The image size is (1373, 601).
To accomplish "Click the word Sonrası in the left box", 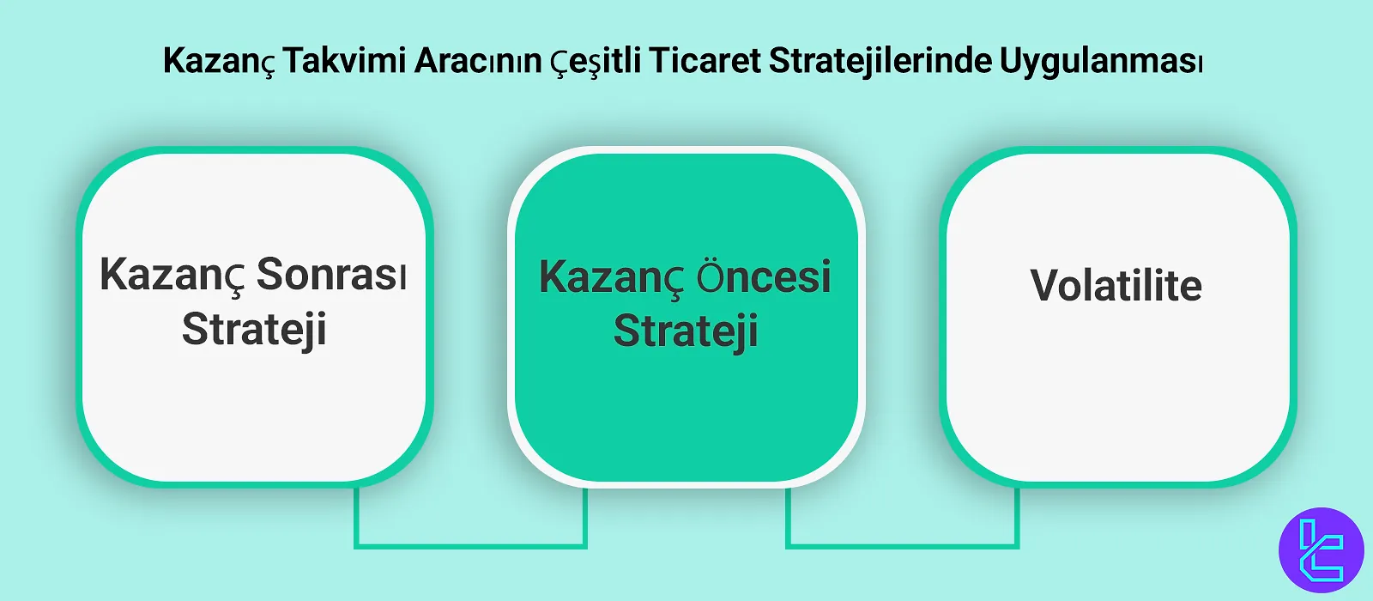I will (331, 275).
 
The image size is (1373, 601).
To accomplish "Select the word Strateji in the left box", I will (254, 331).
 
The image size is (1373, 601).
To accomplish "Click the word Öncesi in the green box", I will (763, 276).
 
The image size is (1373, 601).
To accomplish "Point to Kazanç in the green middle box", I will (610, 278).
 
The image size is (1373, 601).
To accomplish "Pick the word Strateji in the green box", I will (686, 332).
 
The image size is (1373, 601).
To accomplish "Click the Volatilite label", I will (1116, 286).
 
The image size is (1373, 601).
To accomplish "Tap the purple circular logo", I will (1321, 549).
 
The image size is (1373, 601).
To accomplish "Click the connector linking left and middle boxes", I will (470, 543).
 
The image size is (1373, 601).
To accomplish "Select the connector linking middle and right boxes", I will (902, 543).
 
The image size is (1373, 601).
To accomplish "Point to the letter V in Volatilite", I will (1047, 286).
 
